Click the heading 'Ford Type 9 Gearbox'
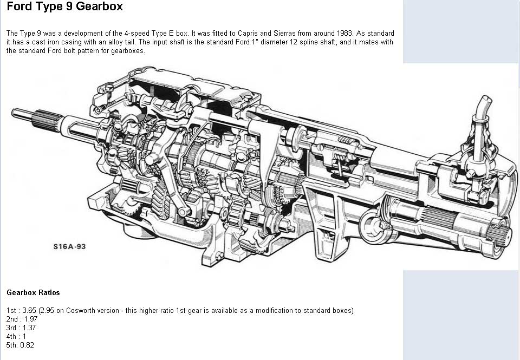(x=64, y=7)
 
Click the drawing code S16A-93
(x=69, y=246)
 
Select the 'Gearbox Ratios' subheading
(x=33, y=292)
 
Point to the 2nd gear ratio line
(x=22, y=319)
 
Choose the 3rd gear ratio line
(x=22, y=328)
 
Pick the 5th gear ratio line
(x=20, y=345)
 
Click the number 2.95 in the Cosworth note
(x=47, y=311)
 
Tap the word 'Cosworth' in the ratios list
(x=77, y=311)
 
